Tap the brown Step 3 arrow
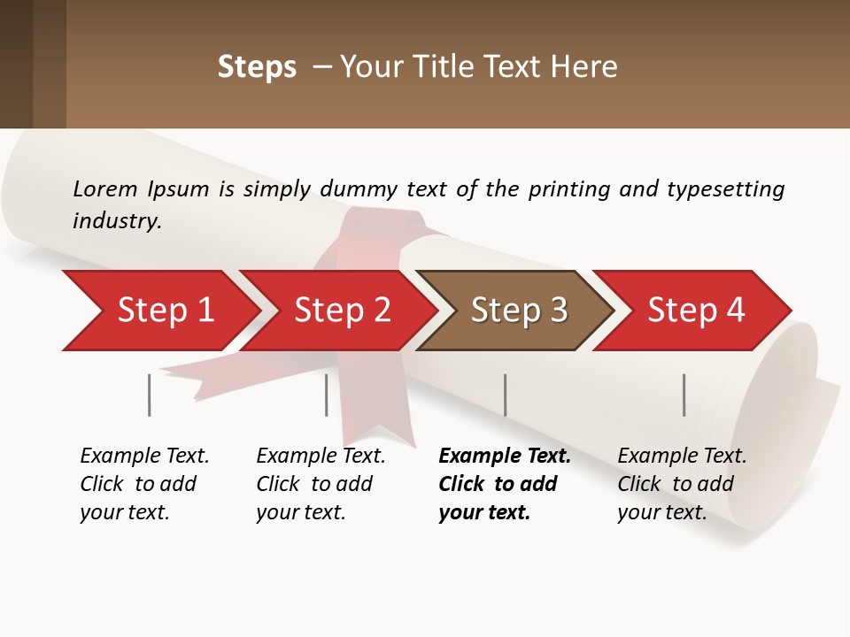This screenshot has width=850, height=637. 518,311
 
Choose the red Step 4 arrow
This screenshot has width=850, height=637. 695,311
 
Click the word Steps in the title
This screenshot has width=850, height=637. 257,67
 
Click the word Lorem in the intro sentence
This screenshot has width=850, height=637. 105,188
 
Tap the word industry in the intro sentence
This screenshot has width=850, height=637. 117,220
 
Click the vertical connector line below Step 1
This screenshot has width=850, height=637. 150,395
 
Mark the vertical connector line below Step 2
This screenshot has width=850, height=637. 327,395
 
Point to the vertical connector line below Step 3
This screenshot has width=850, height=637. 506,395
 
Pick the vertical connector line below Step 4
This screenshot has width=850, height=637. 684,395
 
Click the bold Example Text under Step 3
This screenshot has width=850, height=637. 505,457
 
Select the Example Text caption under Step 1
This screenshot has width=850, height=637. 144,457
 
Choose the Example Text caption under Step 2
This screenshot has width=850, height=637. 321,457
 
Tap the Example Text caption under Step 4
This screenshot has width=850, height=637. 682,457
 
